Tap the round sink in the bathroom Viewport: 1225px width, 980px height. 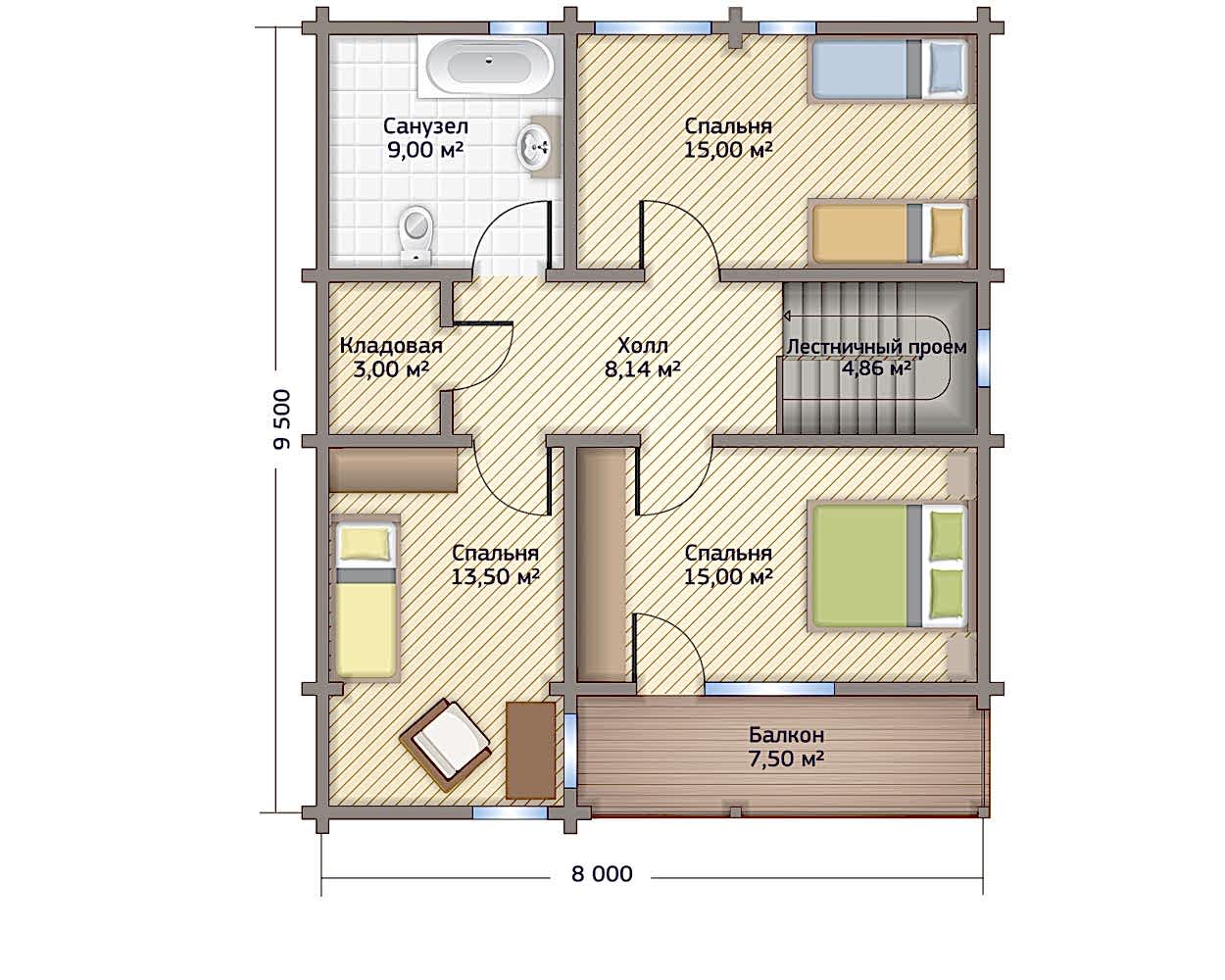click(x=533, y=147)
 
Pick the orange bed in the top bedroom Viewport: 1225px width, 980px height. click(x=889, y=234)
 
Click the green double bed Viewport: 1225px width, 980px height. click(x=889, y=566)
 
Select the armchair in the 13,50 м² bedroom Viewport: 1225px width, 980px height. click(x=446, y=744)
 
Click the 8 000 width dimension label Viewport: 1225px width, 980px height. click(x=602, y=874)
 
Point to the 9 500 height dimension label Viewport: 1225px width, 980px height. click(x=282, y=419)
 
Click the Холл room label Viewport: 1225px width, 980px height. click(x=643, y=345)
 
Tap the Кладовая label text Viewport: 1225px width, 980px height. click(x=390, y=346)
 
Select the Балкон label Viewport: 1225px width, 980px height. click(x=786, y=735)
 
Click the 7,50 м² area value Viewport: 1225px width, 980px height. click(x=786, y=759)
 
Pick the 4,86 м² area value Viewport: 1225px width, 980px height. click(x=876, y=368)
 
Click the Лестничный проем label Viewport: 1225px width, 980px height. click(x=877, y=347)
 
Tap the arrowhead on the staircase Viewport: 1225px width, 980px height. click(x=788, y=316)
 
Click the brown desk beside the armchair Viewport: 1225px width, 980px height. click(x=530, y=750)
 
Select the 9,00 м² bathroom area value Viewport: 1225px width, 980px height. click(x=424, y=150)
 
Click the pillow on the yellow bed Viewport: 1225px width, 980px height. click(x=366, y=543)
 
